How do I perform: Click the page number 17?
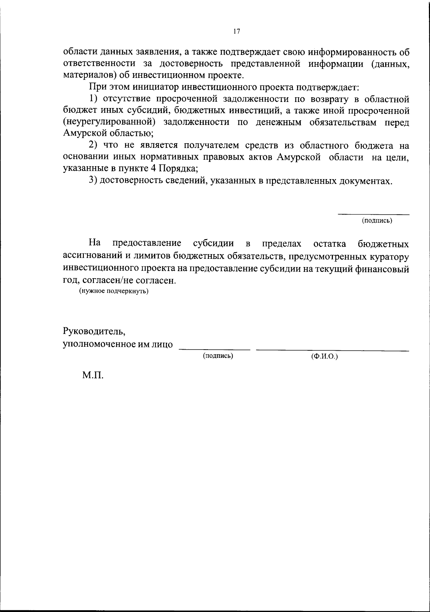click(236, 32)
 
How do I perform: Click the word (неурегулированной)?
click(109, 122)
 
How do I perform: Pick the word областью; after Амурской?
click(131, 134)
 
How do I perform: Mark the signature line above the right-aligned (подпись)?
click(374, 215)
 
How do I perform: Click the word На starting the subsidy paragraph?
click(94, 243)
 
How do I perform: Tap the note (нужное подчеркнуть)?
click(114, 291)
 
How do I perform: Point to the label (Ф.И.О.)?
click(325, 356)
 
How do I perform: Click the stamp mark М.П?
click(93, 375)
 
